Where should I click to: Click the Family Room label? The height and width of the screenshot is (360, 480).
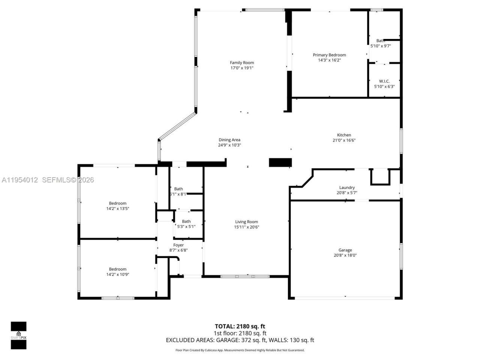242,63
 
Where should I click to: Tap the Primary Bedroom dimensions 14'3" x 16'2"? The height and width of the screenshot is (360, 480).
329,60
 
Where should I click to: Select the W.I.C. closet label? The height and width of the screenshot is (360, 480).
384,81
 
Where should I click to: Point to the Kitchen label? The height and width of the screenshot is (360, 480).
344,135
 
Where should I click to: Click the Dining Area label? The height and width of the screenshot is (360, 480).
229,140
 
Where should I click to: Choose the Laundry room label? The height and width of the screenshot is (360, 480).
347,187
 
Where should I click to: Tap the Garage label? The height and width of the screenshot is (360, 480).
345,250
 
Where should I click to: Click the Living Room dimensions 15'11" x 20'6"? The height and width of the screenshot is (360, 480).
247,227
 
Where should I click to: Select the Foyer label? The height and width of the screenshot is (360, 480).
178,245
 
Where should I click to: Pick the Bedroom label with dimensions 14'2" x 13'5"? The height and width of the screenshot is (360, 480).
118,203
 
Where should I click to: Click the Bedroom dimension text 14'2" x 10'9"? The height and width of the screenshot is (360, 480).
118,274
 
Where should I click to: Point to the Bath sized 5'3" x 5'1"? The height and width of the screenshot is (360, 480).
186,221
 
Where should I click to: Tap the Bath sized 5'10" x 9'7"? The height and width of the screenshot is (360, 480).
381,41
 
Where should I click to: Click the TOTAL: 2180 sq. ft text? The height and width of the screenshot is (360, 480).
240,326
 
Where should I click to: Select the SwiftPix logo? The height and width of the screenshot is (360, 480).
18,335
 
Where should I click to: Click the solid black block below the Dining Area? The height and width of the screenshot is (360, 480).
280,162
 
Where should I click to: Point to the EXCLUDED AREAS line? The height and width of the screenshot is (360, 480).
240,340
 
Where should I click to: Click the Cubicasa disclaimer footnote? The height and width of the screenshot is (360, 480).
240,350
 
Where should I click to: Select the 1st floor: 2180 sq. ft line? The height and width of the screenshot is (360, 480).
240,333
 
